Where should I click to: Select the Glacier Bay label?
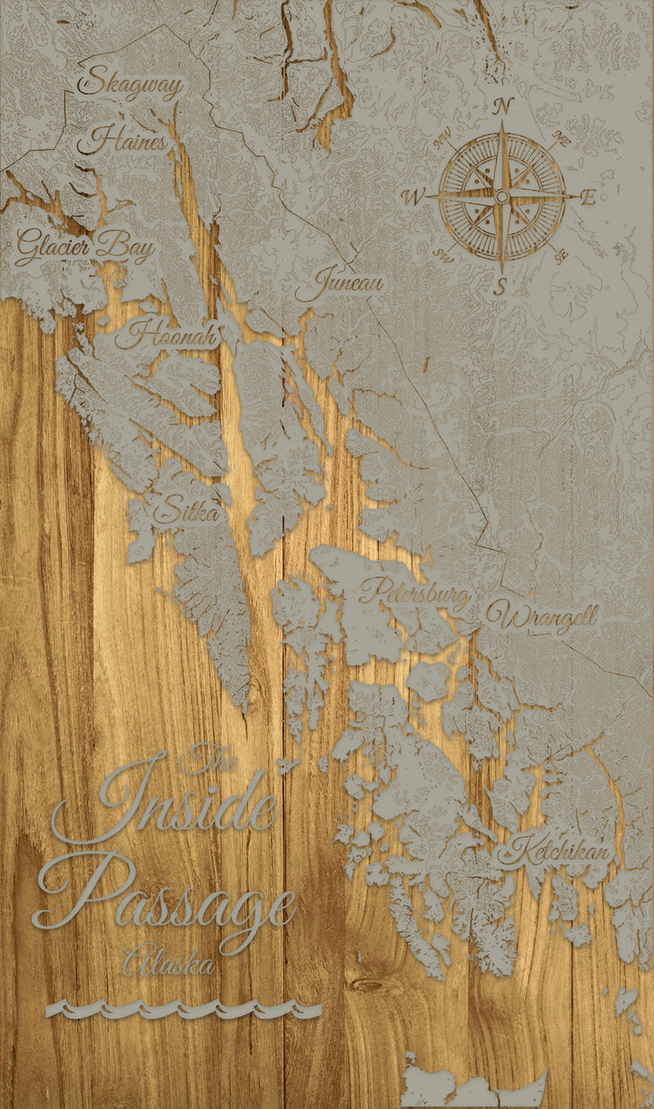pos(84,245)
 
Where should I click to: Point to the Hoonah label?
pos(167,335)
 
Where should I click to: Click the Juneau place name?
pos(338,284)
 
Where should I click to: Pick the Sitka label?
pos(186,512)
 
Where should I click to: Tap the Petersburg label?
pos(416,593)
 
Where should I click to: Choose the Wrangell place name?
pos(541,618)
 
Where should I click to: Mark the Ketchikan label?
pos(557,852)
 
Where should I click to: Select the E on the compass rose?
pos(589,197)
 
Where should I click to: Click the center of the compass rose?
pos(501,196)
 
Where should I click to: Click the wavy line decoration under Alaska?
pos(183,1009)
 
